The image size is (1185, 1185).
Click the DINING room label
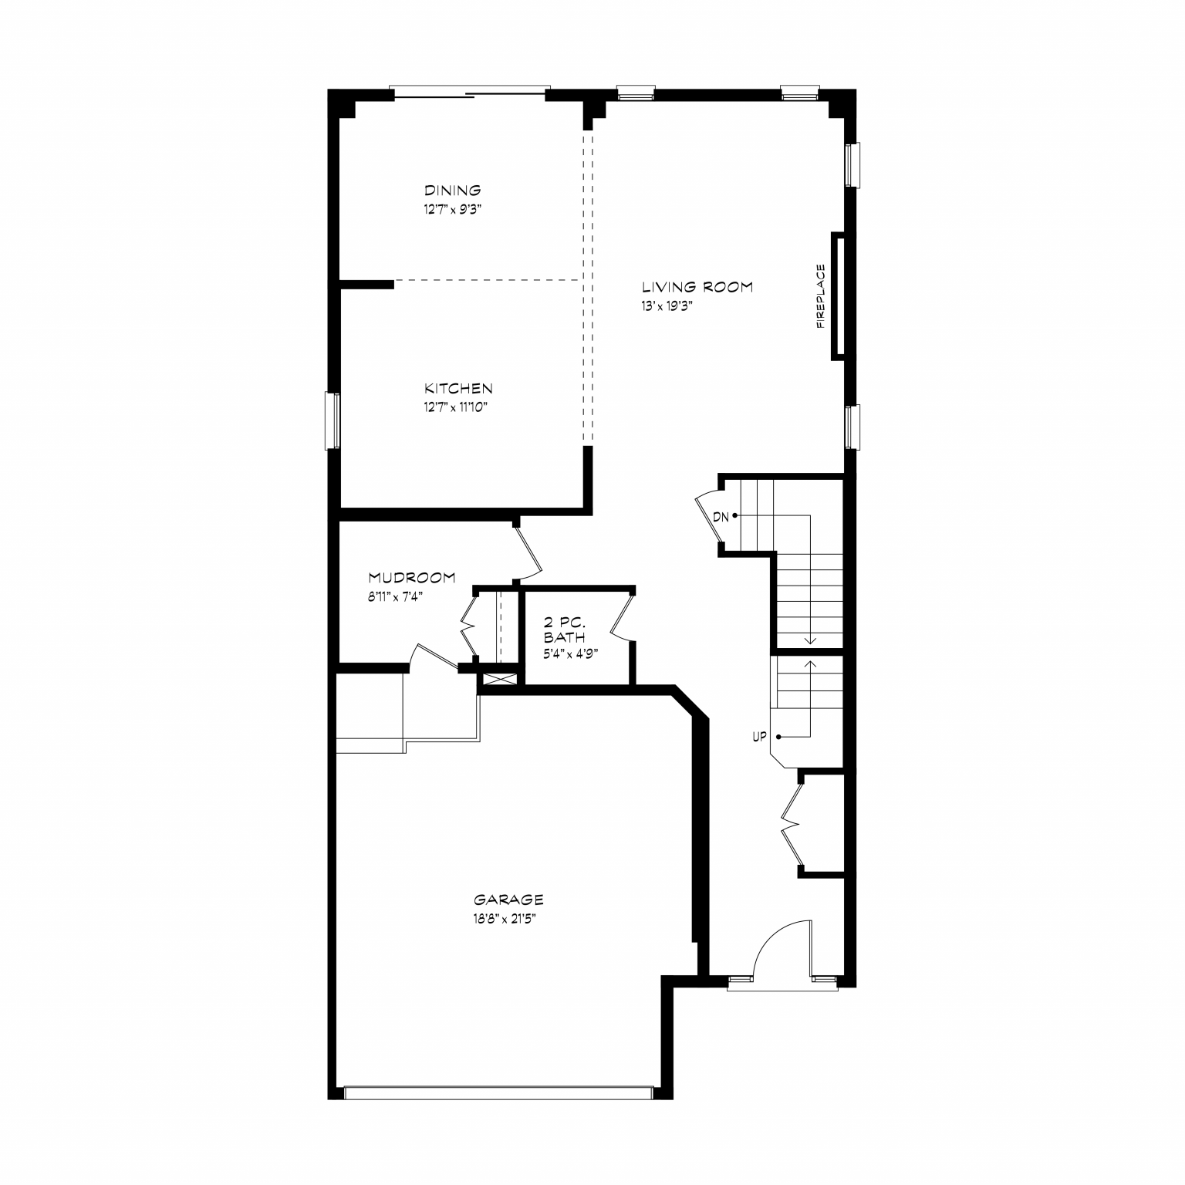pos(453,190)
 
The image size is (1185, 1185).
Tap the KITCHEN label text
pos(458,388)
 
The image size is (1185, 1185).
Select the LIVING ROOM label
pos(697,287)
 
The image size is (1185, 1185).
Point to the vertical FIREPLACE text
pos(821,296)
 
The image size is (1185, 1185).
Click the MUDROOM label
pos(412,577)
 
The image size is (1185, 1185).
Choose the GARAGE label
pos(508,900)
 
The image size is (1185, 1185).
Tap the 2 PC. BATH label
pos(565,630)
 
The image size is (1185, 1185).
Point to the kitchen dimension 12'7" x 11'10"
pos(456,407)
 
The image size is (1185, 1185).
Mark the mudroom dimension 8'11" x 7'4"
pos(396,596)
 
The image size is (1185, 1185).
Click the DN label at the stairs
pos(721,517)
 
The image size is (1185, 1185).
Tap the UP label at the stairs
pos(760,737)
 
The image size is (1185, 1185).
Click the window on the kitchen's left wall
pos(333,420)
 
